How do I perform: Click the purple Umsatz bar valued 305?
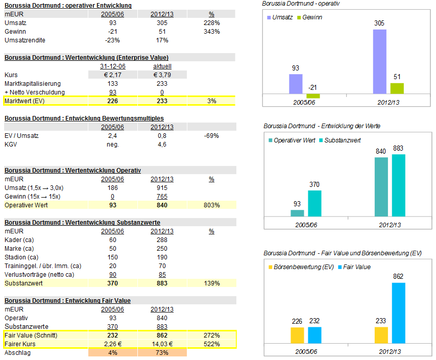(379, 61)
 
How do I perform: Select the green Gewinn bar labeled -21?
(313, 96)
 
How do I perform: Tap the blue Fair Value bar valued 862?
(398, 313)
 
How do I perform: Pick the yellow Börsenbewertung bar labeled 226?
(297, 335)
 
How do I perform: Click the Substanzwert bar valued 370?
(314, 203)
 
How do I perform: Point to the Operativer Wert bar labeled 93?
(297, 213)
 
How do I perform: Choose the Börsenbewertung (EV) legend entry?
(298, 267)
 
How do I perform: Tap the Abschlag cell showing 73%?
(162, 352)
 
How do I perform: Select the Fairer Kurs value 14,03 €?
(162, 344)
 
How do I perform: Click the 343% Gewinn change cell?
(211, 32)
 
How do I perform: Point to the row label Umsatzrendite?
(25, 40)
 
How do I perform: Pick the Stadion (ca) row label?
(21, 257)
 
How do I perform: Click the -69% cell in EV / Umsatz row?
(211, 136)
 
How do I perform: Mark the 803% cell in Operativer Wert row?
(211, 205)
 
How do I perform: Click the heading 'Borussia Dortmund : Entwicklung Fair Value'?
(67, 301)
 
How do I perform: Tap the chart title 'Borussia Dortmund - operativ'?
(301, 4)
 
